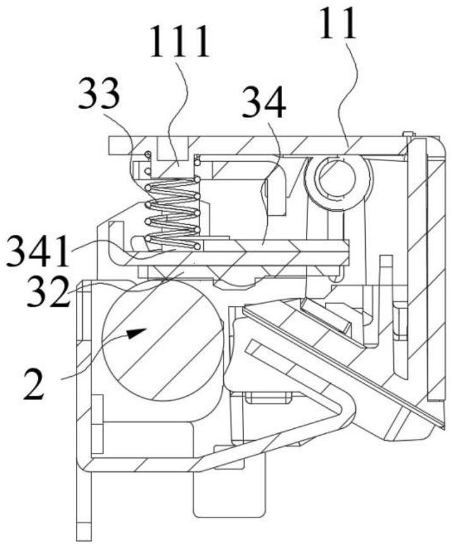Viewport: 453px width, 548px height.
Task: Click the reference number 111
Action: tap(180, 42)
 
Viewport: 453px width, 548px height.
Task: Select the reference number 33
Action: tap(99, 93)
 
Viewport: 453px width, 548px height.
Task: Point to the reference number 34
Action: tap(264, 101)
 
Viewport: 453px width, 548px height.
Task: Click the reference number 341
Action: tap(38, 251)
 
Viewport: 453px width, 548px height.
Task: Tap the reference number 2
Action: tap(34, 385)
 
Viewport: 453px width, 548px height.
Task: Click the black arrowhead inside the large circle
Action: tap(136, 333)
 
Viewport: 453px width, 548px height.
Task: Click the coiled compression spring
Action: tap(172, 214)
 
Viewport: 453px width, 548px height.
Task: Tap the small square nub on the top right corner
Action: tap(407, 134)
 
